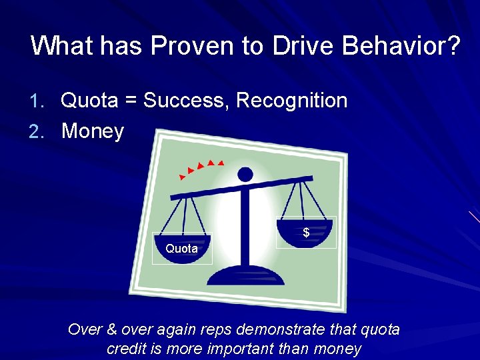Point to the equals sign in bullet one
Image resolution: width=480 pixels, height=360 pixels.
tap(131, 101)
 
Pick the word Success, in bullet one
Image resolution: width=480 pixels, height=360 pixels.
tap(187, 101)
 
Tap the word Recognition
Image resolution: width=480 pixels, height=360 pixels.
tap(292, 101)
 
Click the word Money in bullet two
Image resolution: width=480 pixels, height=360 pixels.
tap(93, 131)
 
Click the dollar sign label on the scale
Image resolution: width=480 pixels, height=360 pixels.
tap(306, 233)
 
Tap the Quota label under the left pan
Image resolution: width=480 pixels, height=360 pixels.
tap(181, 249)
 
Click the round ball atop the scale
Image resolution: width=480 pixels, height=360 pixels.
tap(245, 175)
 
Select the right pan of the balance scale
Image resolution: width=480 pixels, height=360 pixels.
tap(306, 227)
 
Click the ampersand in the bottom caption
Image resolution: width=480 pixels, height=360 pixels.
tap(112, 330)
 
